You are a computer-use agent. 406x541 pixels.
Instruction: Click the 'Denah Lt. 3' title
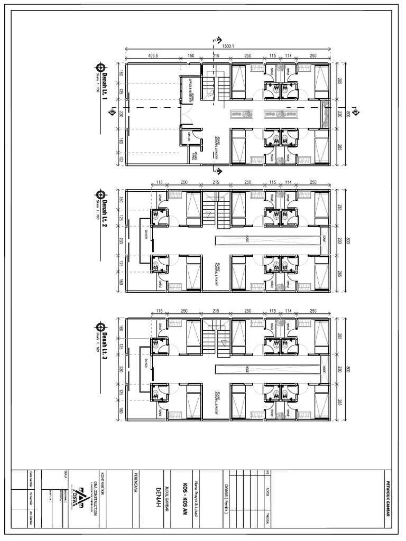pyautogui.click(x=105, y=344)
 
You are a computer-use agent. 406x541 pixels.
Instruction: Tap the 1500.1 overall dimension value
pyautogui.click(x=228, y=46)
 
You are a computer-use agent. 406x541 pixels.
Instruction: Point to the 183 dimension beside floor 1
pyautogui.click(x=121, y=142)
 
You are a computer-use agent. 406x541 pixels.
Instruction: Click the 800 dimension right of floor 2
pyautogui.click(x=348, y=240)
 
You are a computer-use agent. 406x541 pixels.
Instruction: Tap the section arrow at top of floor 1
pyautogui.click(x=216, y=41)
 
